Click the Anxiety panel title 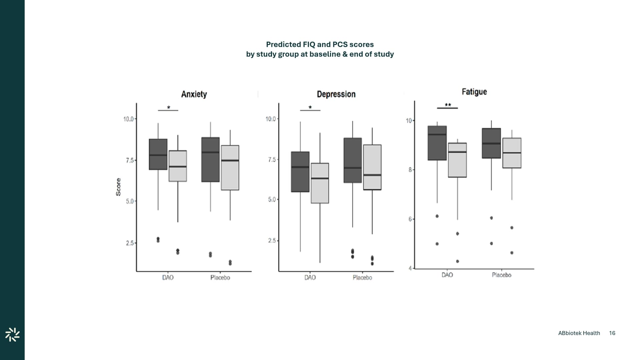[x=194, y=94]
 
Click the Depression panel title [x=336, y=94]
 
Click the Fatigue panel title [x=474, y=92]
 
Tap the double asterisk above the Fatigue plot [x=448, y=105]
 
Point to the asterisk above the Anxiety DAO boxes [x=168, y=108]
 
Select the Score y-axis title [x=118, y=187]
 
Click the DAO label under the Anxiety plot [x=168, y=278]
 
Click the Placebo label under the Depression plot [x=362, y=278]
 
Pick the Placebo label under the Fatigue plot [x=501, y=275]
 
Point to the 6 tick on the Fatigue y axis [x=410, y=219]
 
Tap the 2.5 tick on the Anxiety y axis [x=130, y=243]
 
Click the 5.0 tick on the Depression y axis [x=272, y=200]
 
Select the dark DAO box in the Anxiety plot [x=158, y=154]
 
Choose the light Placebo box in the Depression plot [x=372, y=167]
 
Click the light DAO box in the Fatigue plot [x=457, y=160]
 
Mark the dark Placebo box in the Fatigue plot [x=491, y=143]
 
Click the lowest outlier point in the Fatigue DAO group [x=457, y=261]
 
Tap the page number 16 [x=612, y=333]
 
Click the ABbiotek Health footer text [x=579, y=333]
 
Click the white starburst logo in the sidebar [x=12, y=335]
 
